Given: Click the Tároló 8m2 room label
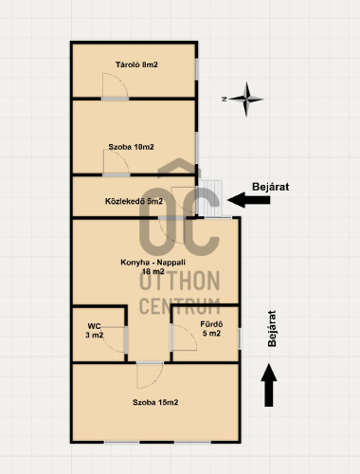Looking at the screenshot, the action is [136, 64].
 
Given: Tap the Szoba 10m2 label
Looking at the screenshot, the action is [131, 147].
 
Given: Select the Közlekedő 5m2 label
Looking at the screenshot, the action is [134, 201].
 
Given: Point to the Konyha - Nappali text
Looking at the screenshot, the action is [153, 263].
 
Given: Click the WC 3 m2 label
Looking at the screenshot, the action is [94, 331].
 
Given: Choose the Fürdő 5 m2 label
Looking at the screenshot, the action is [211, 329].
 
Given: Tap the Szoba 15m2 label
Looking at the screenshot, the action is [155, 402].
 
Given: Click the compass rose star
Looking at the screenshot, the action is [246, 100].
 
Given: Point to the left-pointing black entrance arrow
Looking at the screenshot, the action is [249, 200].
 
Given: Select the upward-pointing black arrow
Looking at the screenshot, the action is [269, 385].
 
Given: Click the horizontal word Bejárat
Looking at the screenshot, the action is [271, 187].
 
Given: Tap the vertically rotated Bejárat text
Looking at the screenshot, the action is [272, 329].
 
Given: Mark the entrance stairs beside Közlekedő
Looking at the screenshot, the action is [210, 198].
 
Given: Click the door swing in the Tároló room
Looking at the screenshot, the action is [115, 85].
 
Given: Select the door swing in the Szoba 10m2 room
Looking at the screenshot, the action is [116, 162].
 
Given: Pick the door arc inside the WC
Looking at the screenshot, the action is [115, 340].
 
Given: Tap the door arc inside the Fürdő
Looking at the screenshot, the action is [185, 337].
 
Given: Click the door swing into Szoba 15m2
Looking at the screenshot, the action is [151, 375].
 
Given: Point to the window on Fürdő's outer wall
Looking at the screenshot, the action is [240, 339].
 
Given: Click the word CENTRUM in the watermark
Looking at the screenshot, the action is [179, 306].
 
